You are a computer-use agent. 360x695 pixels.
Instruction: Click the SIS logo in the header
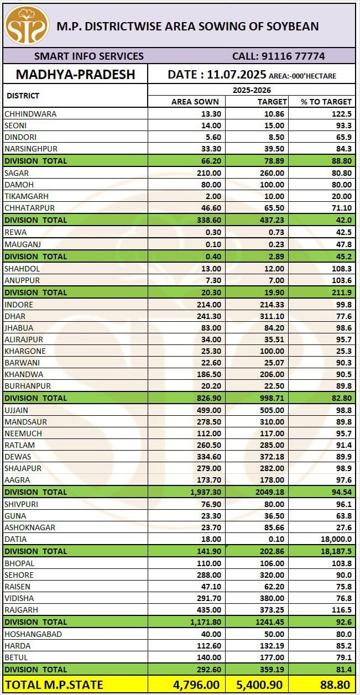pyautogui.click(x=27, y=25)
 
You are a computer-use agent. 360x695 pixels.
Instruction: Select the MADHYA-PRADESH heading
pyautogui.click(x=75, y=75)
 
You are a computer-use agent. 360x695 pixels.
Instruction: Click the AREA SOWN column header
pyautogui.click(x=195, y=102)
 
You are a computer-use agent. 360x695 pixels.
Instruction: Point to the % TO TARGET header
pyautogui.click(x=326, y=102)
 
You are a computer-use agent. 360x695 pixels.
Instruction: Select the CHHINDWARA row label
pyautogui.click(x=30, y=114)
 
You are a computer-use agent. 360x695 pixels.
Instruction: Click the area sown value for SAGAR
pyautogui.click(x=209, y=173)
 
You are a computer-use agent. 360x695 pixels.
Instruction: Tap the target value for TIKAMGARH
pyautogui.click(x=275, y=196)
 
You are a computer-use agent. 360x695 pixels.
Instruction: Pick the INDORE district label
pyautogui.click(x=19, y=305)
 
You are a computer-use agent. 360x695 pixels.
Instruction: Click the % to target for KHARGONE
pyautogui.click(x=343, y=351)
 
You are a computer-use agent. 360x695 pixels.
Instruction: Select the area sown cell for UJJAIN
pyautogui.click(x=209, y=410)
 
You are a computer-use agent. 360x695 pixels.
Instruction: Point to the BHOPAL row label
pyautogui.click(x=19, y=563)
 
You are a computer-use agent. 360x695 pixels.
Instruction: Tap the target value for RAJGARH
pyautogui.click(x=274, y=610)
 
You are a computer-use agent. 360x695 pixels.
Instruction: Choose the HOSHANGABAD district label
pyautogui.click(x=33, y=634)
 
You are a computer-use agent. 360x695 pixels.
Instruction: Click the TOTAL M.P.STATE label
pyautogui.click(x=54, y=685)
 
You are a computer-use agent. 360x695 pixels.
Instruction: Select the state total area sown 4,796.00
pyautogui.click(x=197, y=685)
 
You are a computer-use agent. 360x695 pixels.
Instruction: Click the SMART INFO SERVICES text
pyautogui.click(x=89, y=56)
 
